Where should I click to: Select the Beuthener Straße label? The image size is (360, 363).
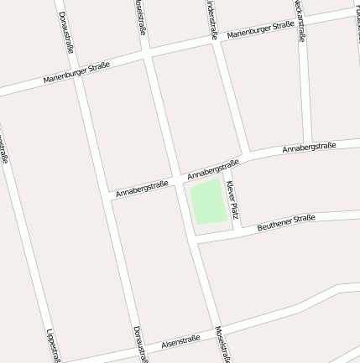click(286, 222)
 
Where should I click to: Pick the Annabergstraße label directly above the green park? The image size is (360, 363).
click(213, 169)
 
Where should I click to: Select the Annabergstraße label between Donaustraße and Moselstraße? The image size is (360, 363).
click(142, 188)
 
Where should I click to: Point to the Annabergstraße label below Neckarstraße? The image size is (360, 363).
click(309, 148)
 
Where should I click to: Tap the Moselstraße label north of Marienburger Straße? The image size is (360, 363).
click(140, 18)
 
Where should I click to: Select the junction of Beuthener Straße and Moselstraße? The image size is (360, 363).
click(191, 242)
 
